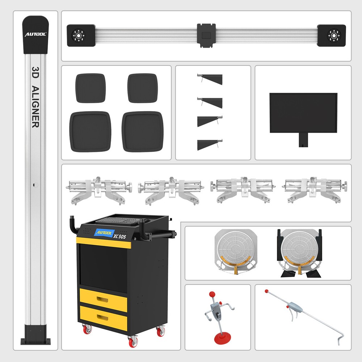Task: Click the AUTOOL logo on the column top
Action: click(x=35, y=34)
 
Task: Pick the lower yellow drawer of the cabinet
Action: click(x=103, y=318)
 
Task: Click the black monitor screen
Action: click(x=303, y=113)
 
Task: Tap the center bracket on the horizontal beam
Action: click(x=206, y=35)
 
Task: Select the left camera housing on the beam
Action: click(x=81, y=35)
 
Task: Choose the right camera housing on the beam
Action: click(x=331, y=35)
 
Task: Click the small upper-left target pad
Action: click(x=90, y=88)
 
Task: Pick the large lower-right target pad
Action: click(x=143, y=131)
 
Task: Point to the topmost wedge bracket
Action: click(x=210, y=79)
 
